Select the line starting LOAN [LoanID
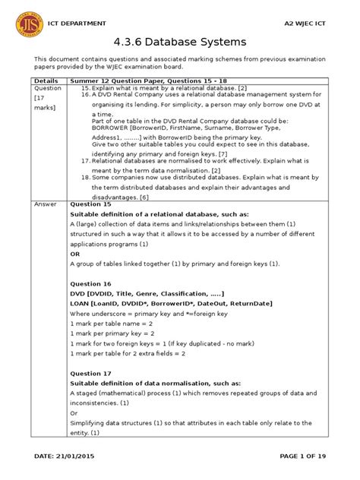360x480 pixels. (166, 303)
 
